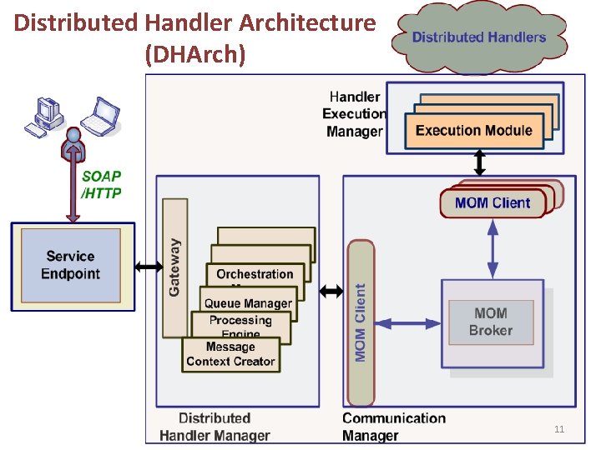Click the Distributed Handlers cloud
[x=478, y=37]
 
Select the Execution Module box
[x=473, y=130]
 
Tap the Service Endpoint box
[x=72, y=266]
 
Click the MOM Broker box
[x=490, y=322]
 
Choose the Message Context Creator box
[x=230, y=354]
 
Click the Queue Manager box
[x=248, y=304]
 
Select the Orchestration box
[x=255, y=274]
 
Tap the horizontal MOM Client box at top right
[x=492, y=203]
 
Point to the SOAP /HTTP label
[x=101, y=185]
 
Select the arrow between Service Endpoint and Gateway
[x=149, y=267]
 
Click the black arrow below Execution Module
[x=480, y=161]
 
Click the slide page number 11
[x=559, y=429]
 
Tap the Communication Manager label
[x=394, y=427]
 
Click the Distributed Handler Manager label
[x=215, y=427]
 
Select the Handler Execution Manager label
[x=354, y=114]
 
